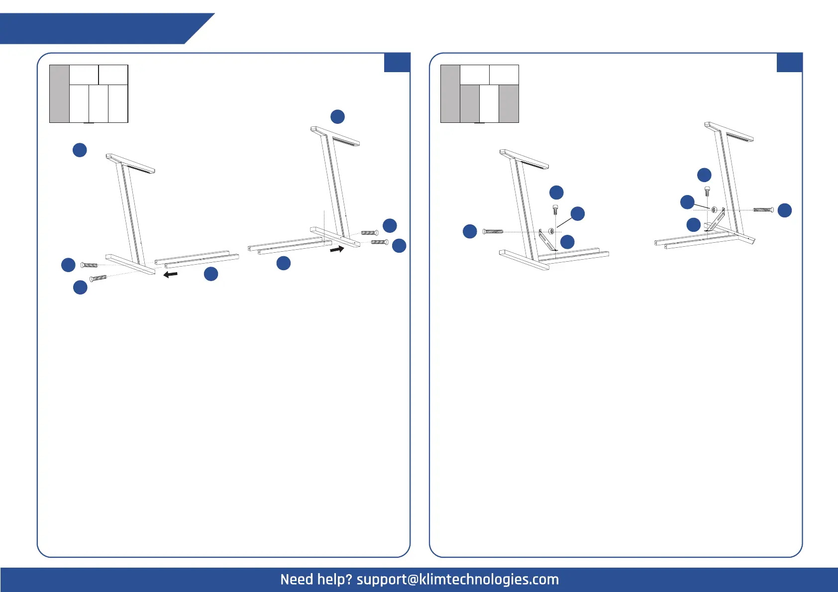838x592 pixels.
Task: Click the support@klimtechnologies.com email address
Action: tap(457, 580)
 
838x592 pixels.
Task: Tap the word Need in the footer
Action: tap(297, 580)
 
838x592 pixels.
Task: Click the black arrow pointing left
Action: tap(171, 274)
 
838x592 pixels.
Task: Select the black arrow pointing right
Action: tap(337, 249)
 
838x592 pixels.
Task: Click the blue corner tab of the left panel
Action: tap(397, 63)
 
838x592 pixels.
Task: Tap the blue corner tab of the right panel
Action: tap(789, 63)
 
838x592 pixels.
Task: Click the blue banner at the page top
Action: tap(100, 29)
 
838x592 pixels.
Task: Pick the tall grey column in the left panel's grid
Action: tap(59, 94)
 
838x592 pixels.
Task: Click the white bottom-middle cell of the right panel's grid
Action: tap(489, 103)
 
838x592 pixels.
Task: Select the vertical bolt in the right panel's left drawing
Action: tap(555, 209)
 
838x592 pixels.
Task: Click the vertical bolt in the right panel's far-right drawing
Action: tap(707, 191)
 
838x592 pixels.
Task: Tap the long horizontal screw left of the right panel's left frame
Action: tap(493, 231)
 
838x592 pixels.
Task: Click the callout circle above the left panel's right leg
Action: tap(337, 116)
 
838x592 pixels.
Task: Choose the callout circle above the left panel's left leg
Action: tap(80, 150)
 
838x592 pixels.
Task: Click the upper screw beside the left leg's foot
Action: tap(89, 265)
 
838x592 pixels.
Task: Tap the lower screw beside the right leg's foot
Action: tap(380, 242)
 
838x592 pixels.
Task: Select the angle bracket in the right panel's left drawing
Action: tap(546, 240)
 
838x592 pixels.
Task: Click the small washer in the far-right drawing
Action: tap(714, 210)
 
